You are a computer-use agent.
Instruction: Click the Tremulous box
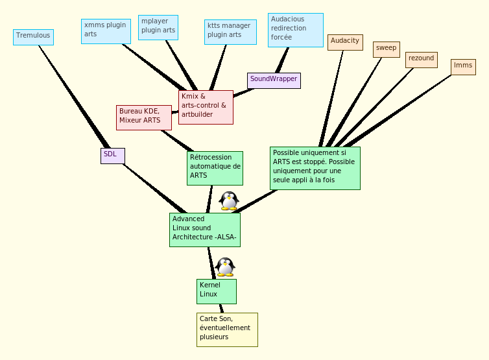point(33,37)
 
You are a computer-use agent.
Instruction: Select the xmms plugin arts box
point(106,30)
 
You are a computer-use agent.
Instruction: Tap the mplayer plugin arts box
point(158,27)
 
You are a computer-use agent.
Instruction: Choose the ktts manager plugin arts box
point(230,32)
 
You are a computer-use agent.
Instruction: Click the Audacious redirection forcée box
point(295,30)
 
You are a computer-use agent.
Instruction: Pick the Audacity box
point(344,42)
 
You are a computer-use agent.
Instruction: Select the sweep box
point(387,49)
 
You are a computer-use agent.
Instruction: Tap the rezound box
point(422,60)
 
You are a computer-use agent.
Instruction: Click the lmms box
point(463,67)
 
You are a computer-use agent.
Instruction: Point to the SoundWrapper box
point(274,80)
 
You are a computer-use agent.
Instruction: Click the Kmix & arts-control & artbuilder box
point(206,107)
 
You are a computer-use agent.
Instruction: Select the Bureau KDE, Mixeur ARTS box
point(144,117)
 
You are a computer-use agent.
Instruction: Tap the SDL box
point(113,156)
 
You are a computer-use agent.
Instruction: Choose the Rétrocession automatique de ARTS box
point(215,168)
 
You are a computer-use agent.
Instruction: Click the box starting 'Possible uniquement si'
point(315,168)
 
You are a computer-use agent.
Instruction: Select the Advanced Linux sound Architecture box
point(205,230)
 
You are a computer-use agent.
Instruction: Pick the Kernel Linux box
point(217,291)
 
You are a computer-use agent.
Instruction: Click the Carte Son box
point(227,330)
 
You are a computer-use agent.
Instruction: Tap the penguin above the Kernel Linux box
point(225,267)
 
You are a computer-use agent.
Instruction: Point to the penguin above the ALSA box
point(229,200)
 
